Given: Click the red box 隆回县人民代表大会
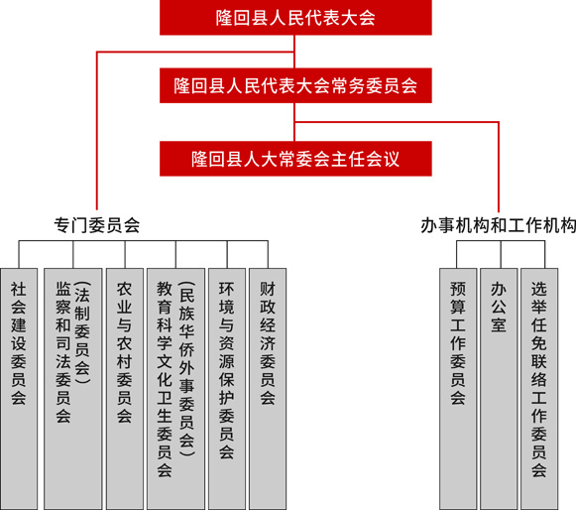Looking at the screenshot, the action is pyautogui.click(x=295, y=17).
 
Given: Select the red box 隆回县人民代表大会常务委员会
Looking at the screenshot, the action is pyautogui.click(x=295, y=85).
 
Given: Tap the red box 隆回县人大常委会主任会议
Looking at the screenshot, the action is pyautogui.click(x=295, y=159).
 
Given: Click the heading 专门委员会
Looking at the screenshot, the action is pyautogui.click(x=97, y=225).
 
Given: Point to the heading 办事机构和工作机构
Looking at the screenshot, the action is pyautogui.click(x=498, y=225).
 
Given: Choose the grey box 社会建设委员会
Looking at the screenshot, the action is pyautogui.click(x=19, y=389).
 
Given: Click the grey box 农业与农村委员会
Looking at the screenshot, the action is pyautogui.click(x=125, y=389).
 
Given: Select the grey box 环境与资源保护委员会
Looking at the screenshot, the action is pyautogui.click(x=227, y=389).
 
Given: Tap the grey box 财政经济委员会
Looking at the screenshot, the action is pyautogui.click(x=268, y=389).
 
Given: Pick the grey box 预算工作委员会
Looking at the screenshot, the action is pyautogui.click(x=458, y=389).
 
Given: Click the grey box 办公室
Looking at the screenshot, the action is pyautogui.click(x=499, y=389).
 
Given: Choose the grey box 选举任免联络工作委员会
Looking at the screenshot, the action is pyautogui.click(x=539, y=389).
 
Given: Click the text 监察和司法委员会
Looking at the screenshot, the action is pyautogui.click(x=63, y=352).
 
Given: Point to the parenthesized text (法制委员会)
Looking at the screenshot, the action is pyautogui.click(x=82, y=332).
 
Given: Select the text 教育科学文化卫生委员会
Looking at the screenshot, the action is pyautogui.click(x=165, y=379).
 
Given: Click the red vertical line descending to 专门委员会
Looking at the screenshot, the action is pyautogui.click(x=96, y=131).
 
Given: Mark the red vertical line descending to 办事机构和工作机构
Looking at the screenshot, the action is pyautogui.click(x=499, y=167).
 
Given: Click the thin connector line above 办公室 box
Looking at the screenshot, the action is pyautogui.click(x=501, y=254).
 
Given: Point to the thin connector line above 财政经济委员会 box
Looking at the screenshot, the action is pyautogui.click(x=268, y=254).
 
